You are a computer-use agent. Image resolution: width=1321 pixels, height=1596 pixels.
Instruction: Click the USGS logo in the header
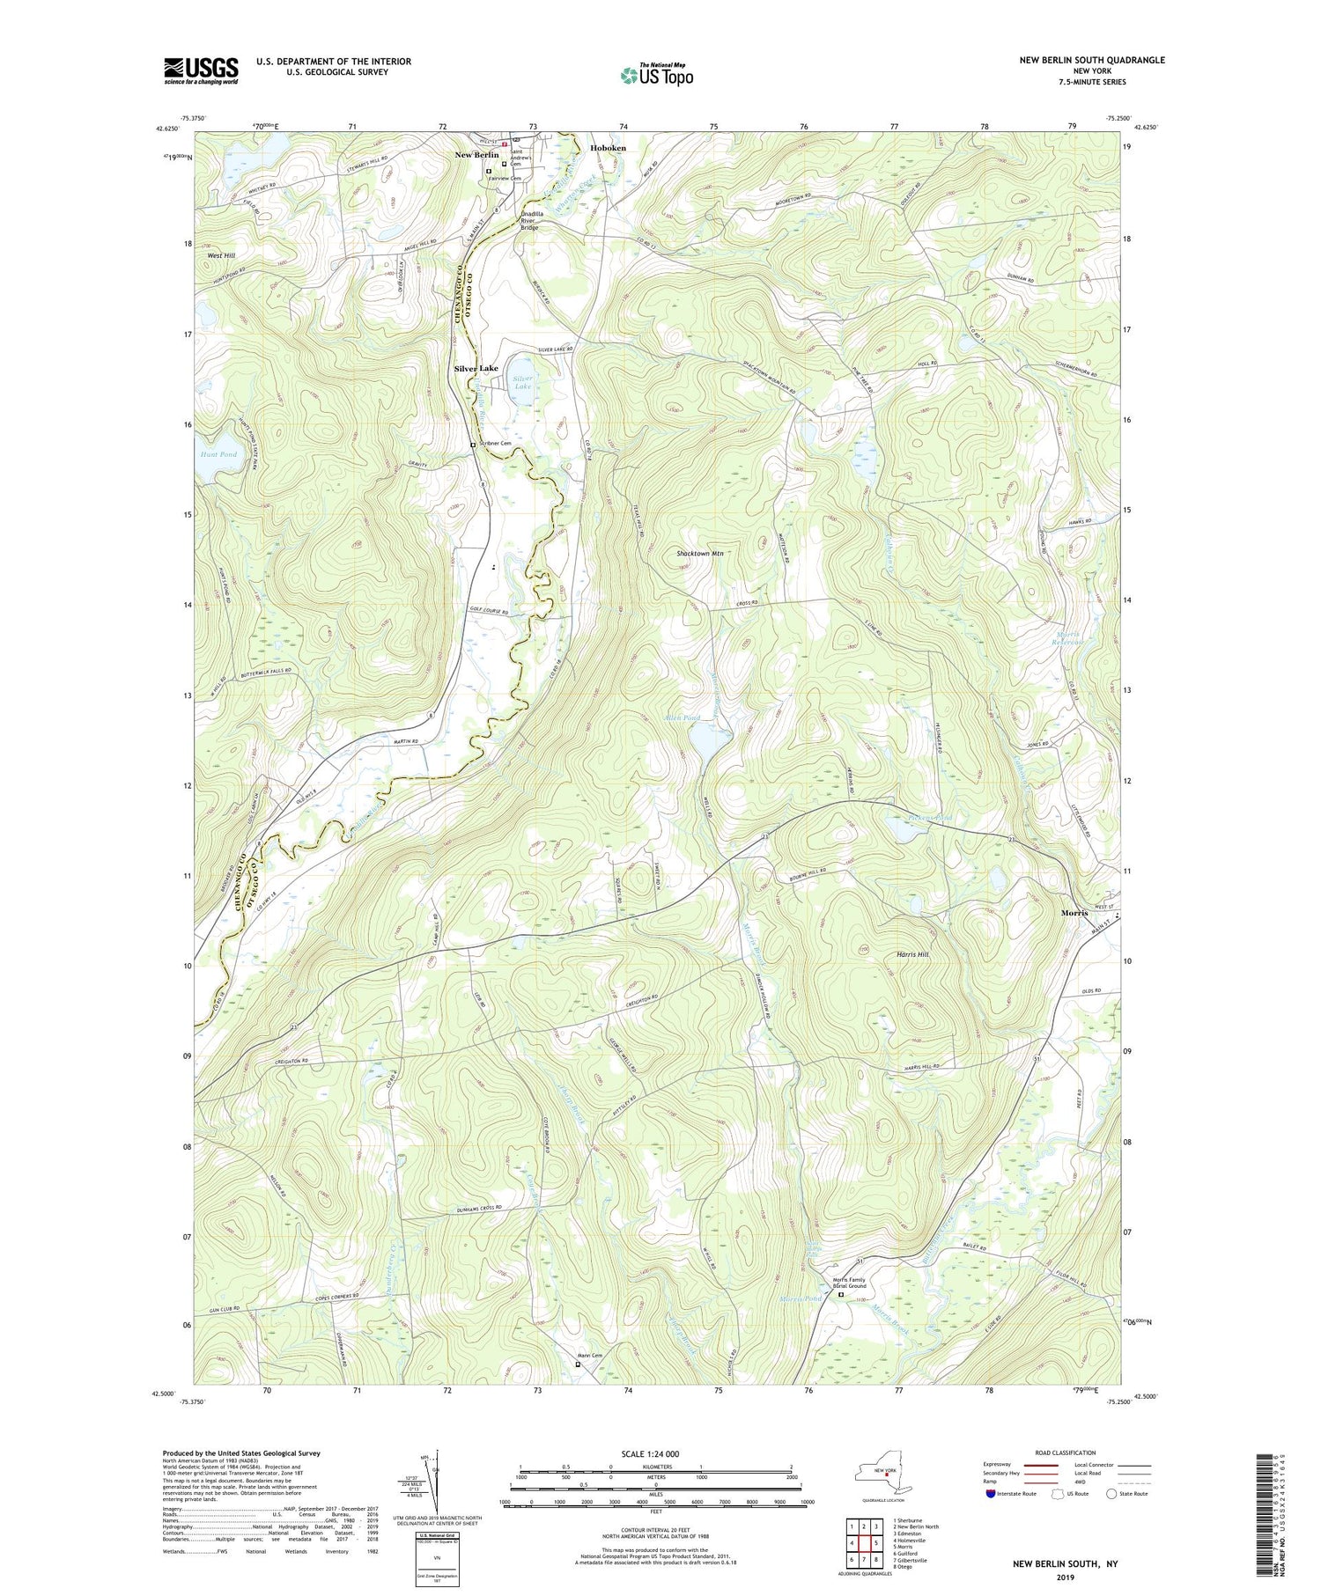(201, 70)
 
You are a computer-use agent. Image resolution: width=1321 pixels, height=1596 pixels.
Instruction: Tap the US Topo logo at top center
(655, 76)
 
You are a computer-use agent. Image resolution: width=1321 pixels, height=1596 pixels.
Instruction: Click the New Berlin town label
(476, 155)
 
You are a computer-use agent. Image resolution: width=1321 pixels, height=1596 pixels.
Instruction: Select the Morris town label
(1073, 913)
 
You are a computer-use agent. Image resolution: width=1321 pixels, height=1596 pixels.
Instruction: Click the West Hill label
(221, 256)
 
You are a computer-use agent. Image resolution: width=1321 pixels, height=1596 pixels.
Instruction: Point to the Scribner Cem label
(495, 444)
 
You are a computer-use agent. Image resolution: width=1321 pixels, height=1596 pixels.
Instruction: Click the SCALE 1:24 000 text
(655, 1453)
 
